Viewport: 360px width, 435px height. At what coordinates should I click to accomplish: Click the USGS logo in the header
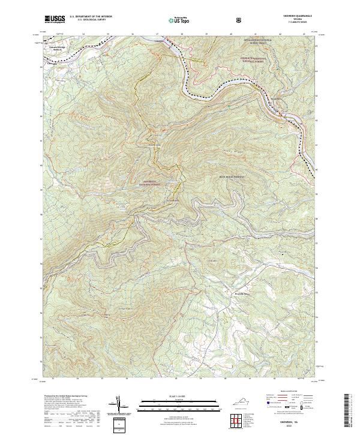point(55,19)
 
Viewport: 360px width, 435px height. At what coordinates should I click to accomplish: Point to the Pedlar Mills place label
point(241,293)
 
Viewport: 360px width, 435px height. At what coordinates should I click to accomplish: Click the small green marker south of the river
point(229,107)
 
